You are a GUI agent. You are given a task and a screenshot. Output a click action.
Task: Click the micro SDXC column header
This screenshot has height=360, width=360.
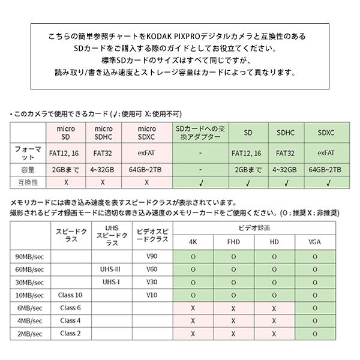[x=147, y=133]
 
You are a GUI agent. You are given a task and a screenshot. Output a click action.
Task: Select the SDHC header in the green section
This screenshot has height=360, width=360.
[x=286, y=133]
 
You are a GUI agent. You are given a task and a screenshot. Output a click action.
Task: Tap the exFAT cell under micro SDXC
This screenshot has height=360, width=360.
[x=147, y=153]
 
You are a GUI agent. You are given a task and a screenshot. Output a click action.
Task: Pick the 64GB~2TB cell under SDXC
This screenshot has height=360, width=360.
[x=324, y=169]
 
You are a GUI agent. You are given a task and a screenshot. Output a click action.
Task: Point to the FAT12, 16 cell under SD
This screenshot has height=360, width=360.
[x=247, y=153]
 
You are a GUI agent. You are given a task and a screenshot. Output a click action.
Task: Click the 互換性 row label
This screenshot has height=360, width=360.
[x=28, y=181]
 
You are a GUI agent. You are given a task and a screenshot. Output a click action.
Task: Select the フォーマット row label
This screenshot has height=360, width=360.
[x=28, y=153]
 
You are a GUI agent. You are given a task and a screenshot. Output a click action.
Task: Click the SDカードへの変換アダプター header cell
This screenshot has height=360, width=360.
[x=199, y=133]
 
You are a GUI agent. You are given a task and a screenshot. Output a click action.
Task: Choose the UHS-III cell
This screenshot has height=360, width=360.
[x=111, y=269]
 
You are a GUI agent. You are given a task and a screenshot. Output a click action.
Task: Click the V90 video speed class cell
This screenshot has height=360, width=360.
[x=152, y=256]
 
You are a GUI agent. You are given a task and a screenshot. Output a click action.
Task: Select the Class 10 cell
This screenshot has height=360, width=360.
[x=71, y=295]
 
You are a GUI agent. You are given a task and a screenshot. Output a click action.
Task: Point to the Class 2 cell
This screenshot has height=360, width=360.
[x=71, y=334]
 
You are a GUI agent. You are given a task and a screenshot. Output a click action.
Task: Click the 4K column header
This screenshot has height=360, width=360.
[x=193, y=242]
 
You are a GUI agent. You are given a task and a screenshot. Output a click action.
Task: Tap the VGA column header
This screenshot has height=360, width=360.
[x=314, y=242]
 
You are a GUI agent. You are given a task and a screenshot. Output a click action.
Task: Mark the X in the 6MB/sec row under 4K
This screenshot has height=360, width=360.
[x=193, y=308]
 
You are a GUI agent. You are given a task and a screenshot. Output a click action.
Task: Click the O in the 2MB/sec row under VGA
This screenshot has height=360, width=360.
[x=314, y=334]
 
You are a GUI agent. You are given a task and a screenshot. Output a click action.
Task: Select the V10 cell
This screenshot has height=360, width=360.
[x=152, y=295]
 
